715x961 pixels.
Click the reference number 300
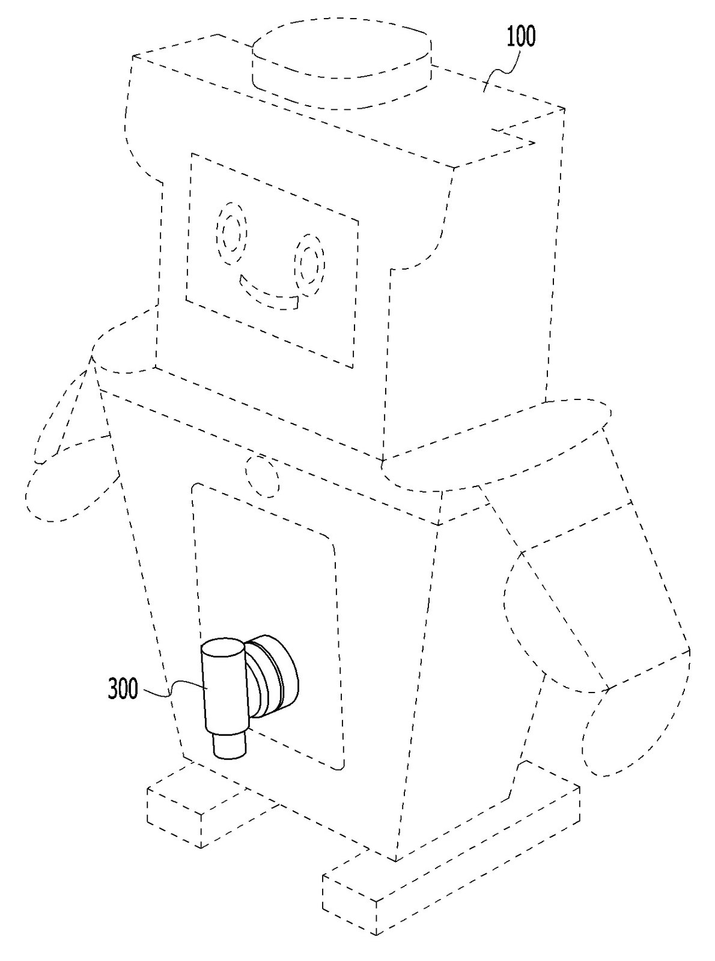(123, 689)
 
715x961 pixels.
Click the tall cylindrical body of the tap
(224, 685)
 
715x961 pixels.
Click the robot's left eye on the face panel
(231, 232)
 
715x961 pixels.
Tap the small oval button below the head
(262, 476)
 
